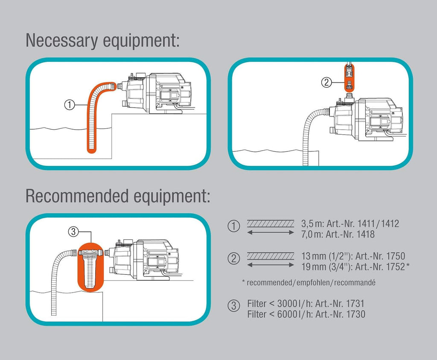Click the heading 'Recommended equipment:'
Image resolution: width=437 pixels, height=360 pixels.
(118, 196)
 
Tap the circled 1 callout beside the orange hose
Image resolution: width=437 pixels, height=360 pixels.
(70, 104)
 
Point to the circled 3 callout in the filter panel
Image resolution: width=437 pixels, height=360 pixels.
(73, 232)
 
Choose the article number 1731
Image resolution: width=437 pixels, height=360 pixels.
(355, 305)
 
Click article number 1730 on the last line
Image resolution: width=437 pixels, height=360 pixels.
(355, 314)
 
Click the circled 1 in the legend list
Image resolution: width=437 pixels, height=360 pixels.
(234, 226)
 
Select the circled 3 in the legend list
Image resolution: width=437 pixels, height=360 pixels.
(234, 306)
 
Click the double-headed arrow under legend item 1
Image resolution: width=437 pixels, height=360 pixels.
(271, 232)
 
